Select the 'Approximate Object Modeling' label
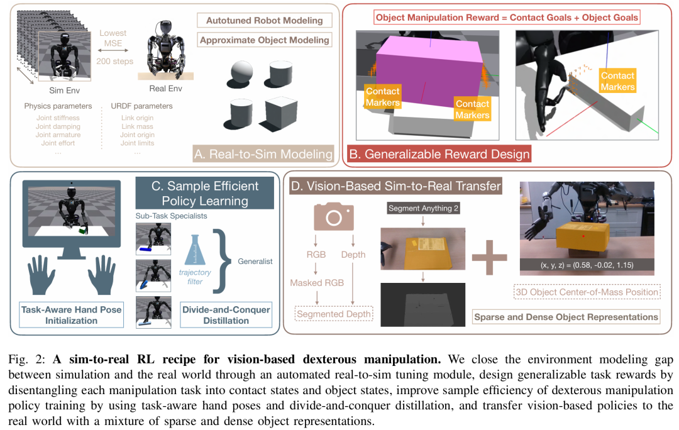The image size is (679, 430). click(x=264, y=40)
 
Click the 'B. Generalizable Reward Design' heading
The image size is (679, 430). click(x=439, y=153)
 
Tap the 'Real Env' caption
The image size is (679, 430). click(x=165, y=89)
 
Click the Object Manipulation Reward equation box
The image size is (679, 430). click(x=506, y=17)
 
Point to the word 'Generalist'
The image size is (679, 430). click(x=256, y=261)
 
